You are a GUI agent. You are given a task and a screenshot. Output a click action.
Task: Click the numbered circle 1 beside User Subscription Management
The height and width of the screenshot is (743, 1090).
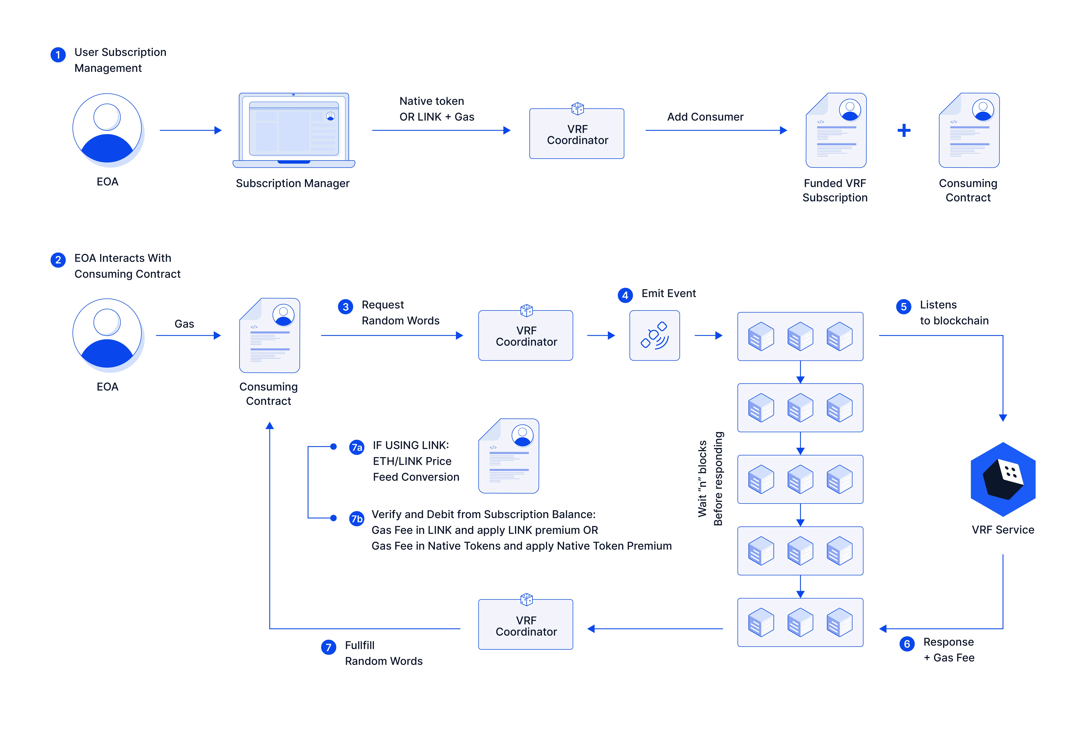pos(58,55)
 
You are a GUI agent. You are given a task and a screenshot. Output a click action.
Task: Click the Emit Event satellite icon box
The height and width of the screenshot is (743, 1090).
pos(654,335)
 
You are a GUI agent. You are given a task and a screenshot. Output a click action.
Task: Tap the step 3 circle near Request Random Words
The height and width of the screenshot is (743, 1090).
pos(346,307)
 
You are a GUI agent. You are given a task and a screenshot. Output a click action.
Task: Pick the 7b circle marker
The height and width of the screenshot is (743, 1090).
pos(357,519)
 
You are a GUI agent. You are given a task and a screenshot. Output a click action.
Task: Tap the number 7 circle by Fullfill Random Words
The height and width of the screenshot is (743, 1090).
pos(328,647)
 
